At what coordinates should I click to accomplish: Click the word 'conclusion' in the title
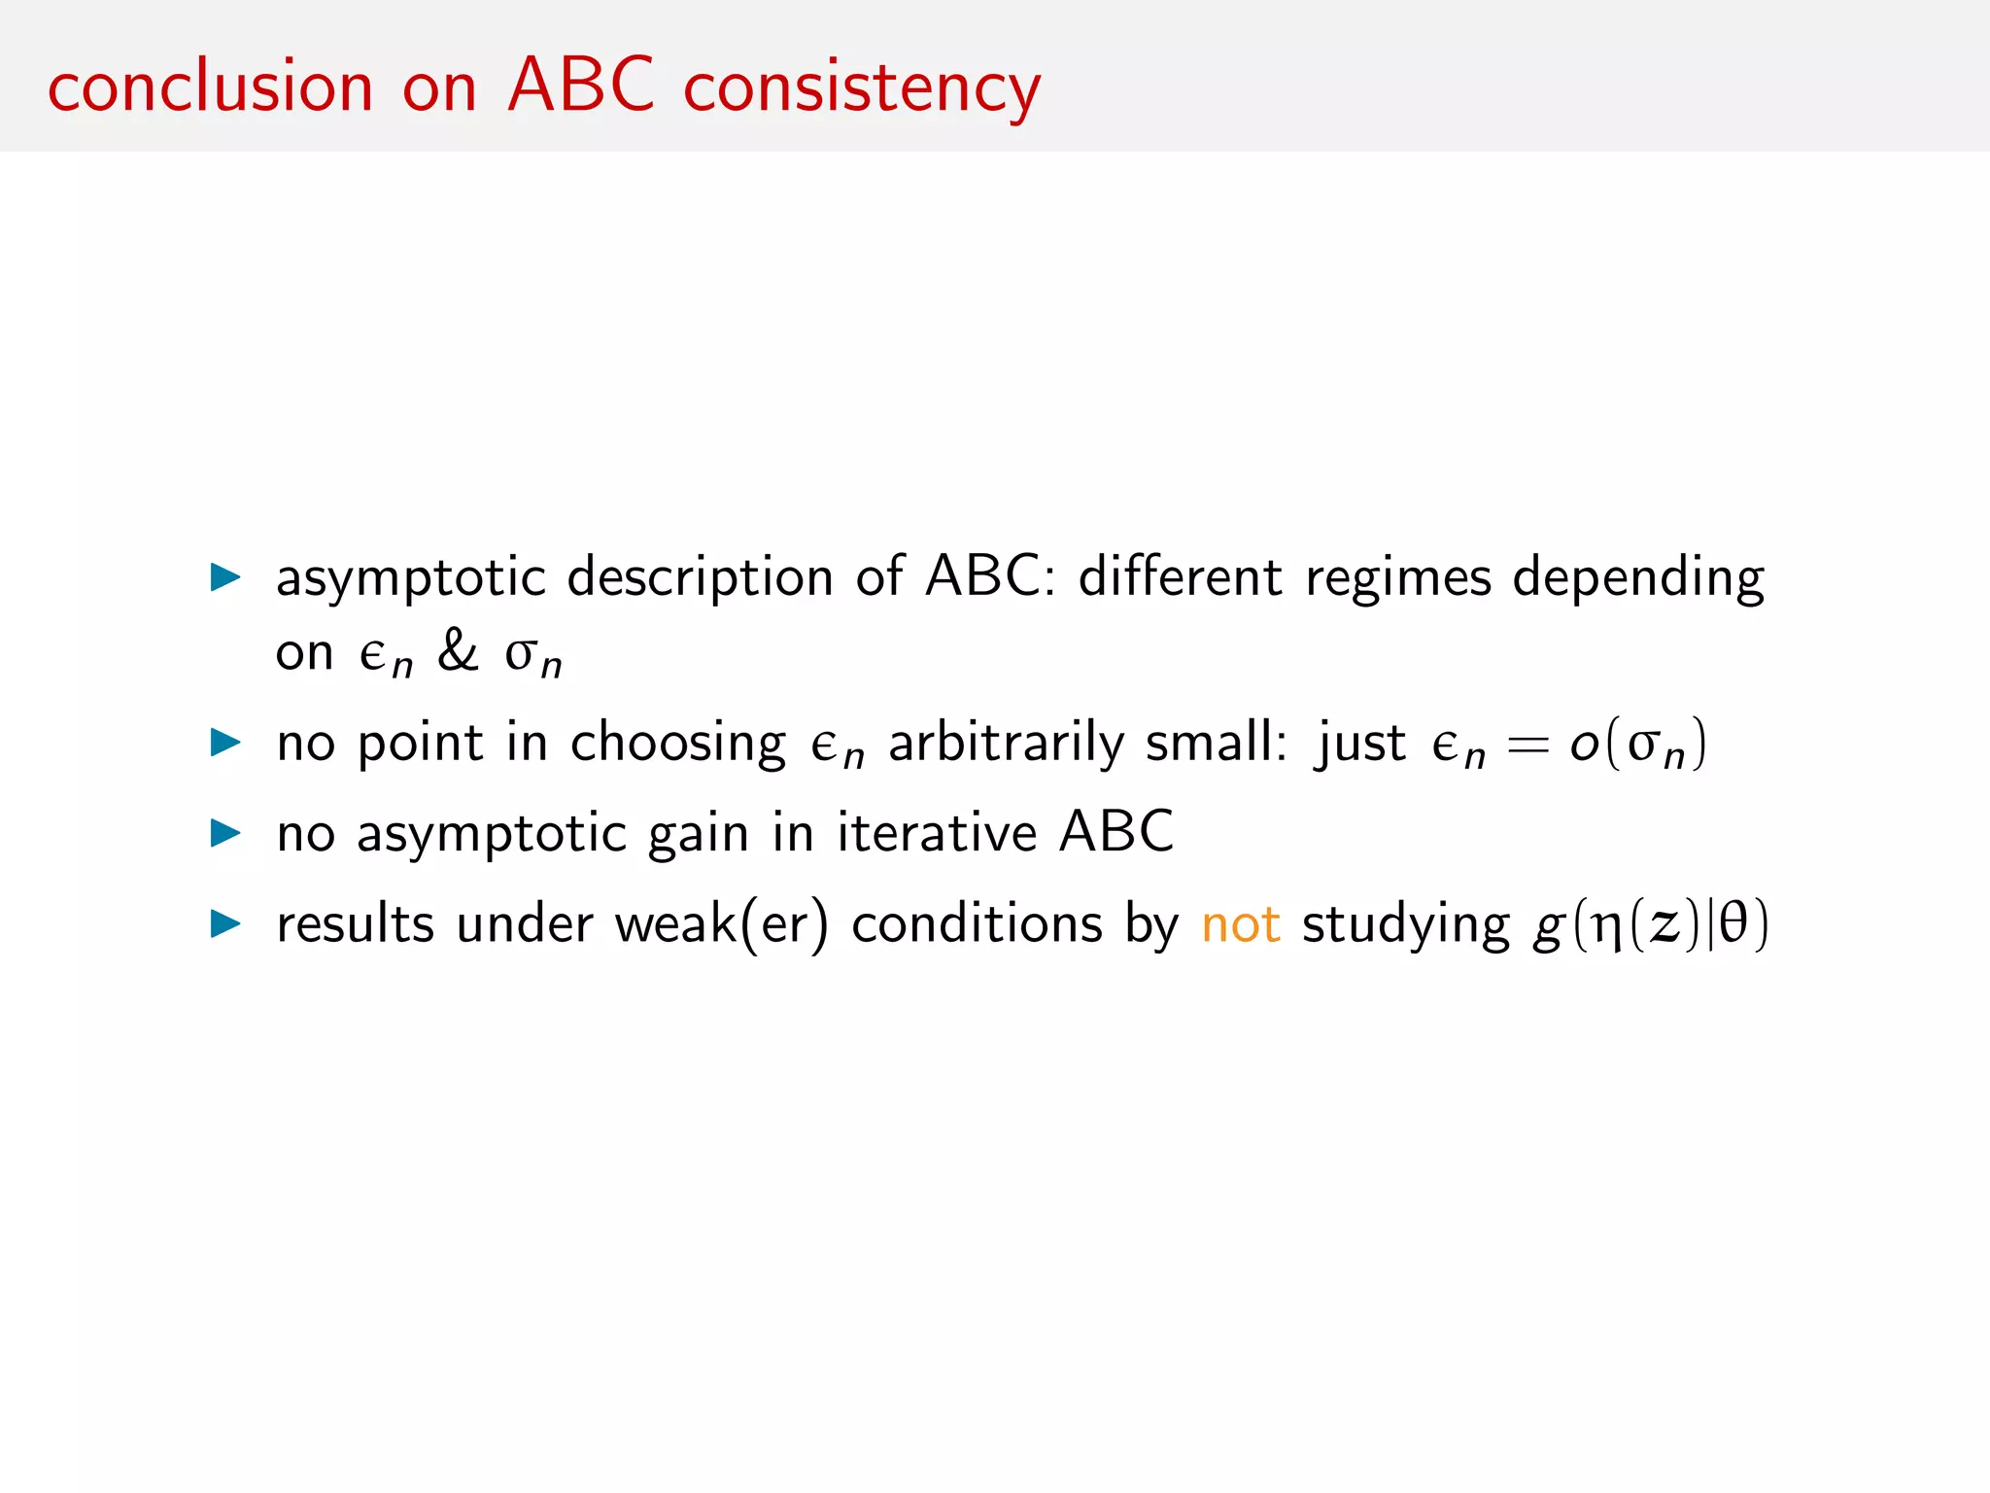point(210,87)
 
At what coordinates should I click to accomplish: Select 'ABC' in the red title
point(581,86)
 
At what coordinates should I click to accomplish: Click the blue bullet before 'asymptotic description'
point(225,577)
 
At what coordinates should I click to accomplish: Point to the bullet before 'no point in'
point(225,744)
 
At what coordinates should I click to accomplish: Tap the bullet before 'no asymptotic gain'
point(225,833)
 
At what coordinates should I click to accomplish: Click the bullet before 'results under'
point(225,923)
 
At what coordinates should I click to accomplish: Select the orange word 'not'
point(1241,924)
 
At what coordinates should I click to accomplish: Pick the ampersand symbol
point(458,650)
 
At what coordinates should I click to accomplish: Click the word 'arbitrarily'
point(1007,744)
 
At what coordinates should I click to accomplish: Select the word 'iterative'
point(937,833)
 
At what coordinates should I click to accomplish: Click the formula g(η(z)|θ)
point(1651,924)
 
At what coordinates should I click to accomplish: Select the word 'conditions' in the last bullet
point(977,924)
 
